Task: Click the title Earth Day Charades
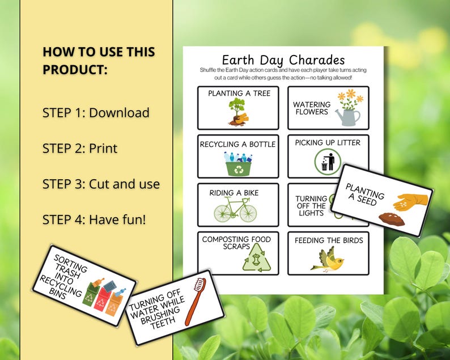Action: coord(283,60)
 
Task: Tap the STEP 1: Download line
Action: coord(96,113)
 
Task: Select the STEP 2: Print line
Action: coord(80,149)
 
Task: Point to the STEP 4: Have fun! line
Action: coord(94,219)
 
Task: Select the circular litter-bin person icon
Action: coord(328,162)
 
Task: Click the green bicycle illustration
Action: coord(235,210)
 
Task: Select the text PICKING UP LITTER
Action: coord(328,142)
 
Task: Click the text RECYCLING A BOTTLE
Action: coord(237,144)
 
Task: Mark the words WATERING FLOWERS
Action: coord(312,108)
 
